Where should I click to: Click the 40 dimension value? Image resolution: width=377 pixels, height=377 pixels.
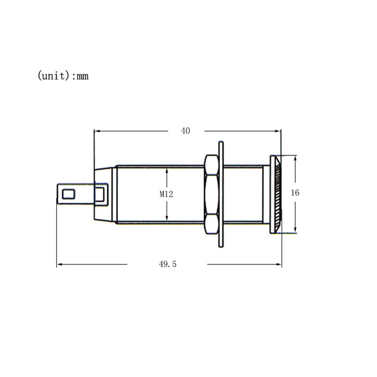click(185, 131)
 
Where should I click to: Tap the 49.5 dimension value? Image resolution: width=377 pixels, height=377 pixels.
click(168, 264)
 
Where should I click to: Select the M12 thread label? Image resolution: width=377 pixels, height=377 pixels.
click(166, 194)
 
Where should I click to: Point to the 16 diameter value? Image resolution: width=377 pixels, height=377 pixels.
click(295, 193)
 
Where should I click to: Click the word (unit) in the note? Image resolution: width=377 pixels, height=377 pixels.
click(54, 75)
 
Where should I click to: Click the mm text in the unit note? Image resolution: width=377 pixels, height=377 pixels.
click(83, 77)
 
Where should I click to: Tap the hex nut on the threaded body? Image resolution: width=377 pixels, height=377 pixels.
click(212, 194)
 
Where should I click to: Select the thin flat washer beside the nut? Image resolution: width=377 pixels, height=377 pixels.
click(221, 194)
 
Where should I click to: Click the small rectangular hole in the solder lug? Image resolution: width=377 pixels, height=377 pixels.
click(69, 194)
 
